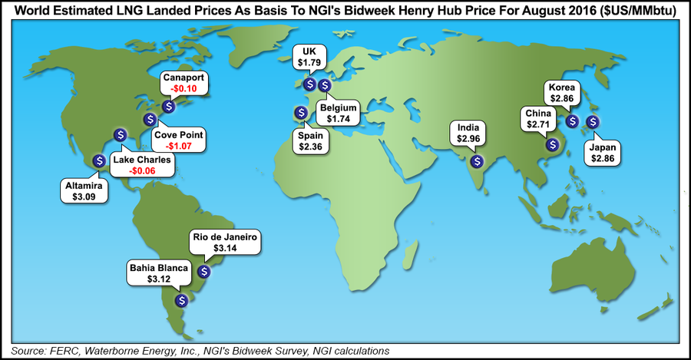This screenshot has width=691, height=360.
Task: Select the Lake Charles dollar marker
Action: (120, 134)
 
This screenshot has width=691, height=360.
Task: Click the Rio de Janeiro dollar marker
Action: (203, 271)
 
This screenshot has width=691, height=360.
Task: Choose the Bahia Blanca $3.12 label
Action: (157, 274)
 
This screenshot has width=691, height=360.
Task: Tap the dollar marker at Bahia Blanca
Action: (181, 301)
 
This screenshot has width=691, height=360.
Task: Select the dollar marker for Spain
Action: (298, 114)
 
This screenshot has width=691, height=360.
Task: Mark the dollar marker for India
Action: (478, 161)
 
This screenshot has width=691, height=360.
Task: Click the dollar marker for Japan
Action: (592, 121)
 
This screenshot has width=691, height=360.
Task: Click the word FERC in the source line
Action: (60, 351)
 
